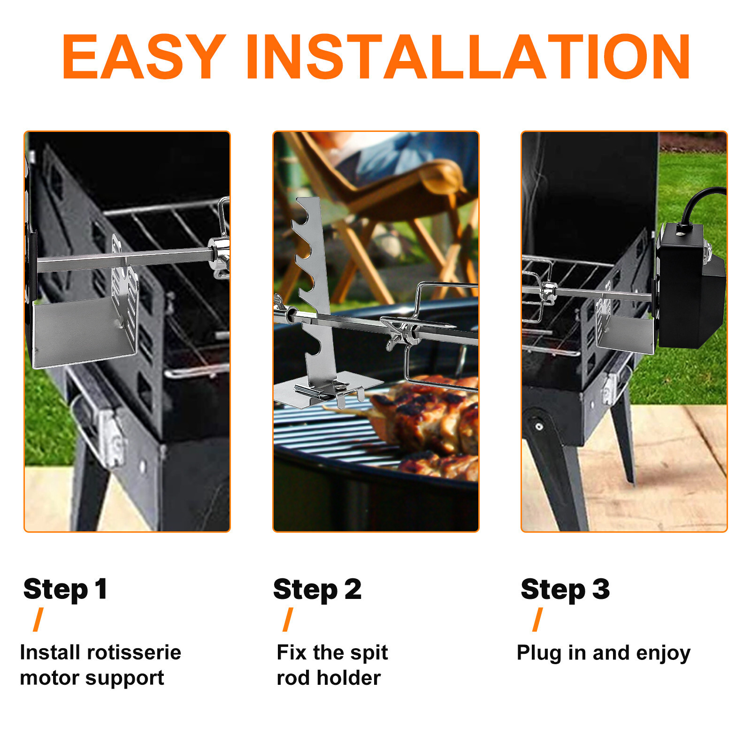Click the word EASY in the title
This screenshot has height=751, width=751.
click(143, 57)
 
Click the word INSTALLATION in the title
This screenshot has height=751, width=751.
click(467, 57)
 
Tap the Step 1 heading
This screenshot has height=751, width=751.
click(65, 590)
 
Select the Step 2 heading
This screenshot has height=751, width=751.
click(317, 590)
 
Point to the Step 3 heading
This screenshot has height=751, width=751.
click(565, 590)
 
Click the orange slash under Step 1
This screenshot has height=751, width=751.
click(38, 620)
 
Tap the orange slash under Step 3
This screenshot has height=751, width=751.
click(538, 620)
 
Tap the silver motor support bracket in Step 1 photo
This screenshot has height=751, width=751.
click(84, 329)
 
